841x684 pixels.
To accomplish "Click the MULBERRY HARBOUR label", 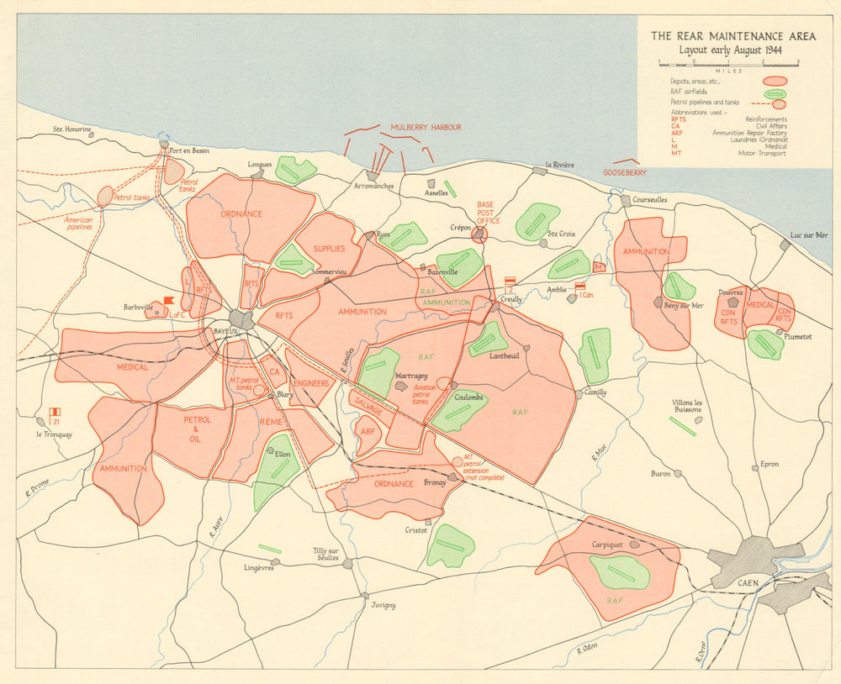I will click(x=426, y=128).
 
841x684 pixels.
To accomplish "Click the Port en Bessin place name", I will click(x=189, y=151).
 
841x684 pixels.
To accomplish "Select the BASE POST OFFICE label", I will click(x=488, y=213).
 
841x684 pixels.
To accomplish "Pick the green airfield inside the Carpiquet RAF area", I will click(x=620, y=572).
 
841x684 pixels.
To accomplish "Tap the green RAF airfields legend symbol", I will click(x=775, y=93).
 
